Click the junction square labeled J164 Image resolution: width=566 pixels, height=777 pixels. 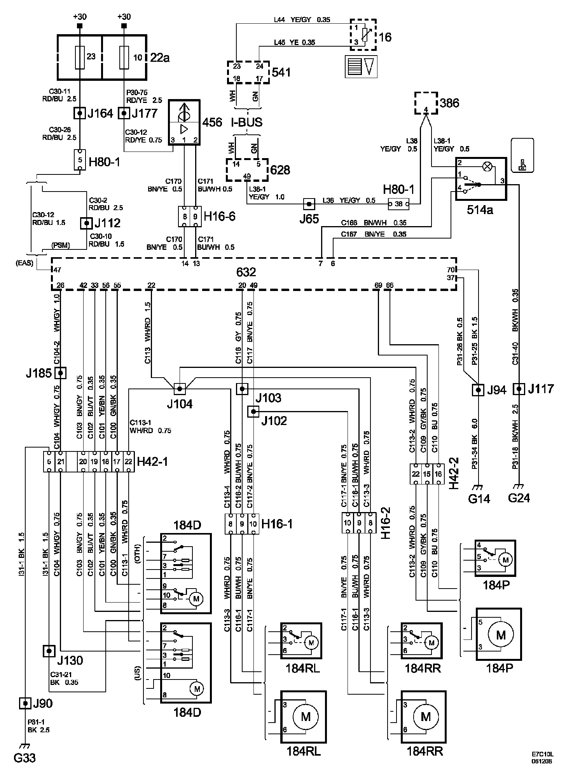click(80, 113)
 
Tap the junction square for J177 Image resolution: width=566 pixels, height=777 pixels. click(124, 113)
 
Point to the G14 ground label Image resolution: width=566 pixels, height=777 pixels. click(479, 498)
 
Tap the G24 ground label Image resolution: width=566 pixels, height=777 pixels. click(519, 498)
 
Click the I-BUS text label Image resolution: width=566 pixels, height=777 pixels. click(247, 122)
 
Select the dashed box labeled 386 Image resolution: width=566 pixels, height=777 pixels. click(426, 103)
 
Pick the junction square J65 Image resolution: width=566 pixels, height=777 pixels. click(309, 203)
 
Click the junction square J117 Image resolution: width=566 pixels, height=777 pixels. click(519, 389)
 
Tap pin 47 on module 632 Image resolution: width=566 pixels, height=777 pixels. click(58, 269)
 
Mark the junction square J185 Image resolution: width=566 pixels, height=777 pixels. click(60, 373)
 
